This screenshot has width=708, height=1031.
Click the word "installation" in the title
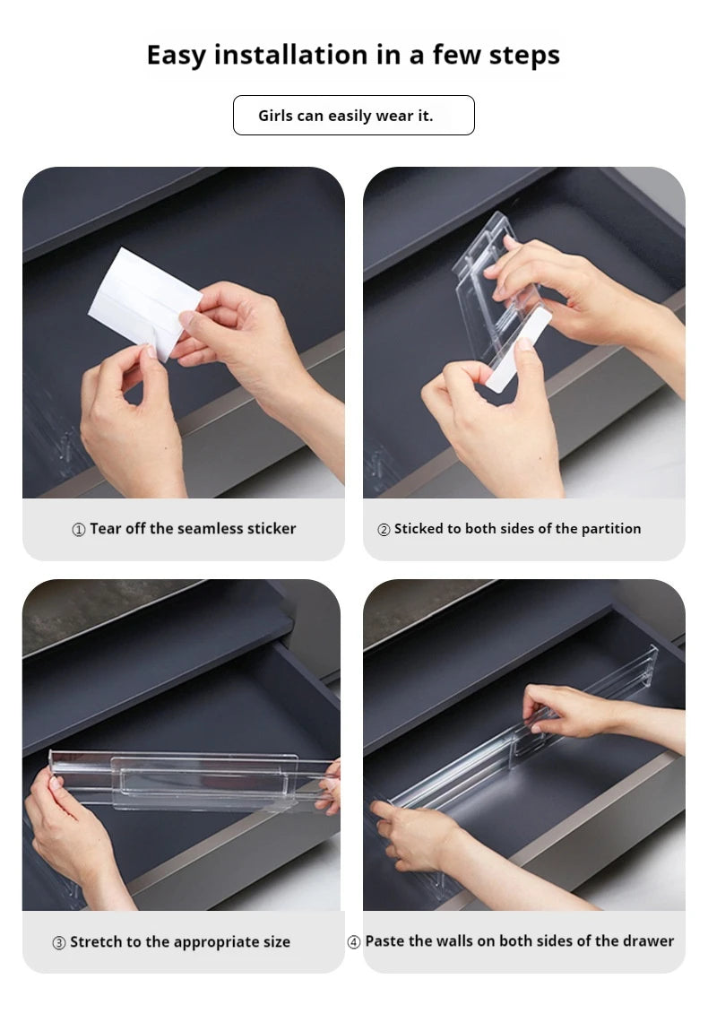[290, 54]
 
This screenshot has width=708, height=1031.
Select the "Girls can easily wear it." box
[354, 115]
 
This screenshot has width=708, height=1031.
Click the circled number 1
[78, 529]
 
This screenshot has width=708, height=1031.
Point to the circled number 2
[384, 529]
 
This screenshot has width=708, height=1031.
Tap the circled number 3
[58, 942]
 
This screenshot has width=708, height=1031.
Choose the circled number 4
[354, 941]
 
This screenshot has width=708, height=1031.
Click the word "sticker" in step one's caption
[272, 528]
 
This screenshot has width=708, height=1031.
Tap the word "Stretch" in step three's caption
[96, 941]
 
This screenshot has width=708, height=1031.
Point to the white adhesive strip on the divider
[519, 349]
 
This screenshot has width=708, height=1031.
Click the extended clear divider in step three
[191, 780]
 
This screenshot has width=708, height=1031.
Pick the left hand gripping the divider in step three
[73, 835]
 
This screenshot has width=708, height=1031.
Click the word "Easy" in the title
[176, 56]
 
